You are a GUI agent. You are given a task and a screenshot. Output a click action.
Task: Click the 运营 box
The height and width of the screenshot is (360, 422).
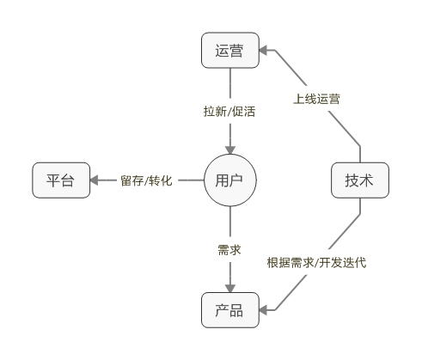(230, 51)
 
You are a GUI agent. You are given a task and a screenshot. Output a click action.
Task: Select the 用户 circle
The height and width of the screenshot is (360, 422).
(230, 180)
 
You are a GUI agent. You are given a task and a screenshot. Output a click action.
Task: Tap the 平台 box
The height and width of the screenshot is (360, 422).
(61, 180)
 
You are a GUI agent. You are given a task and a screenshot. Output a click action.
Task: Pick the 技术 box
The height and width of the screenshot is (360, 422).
(359, 180)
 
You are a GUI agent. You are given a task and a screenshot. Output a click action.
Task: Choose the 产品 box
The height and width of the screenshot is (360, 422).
(230, 310)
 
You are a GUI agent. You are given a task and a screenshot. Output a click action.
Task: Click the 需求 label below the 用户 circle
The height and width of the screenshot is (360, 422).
(229, 250)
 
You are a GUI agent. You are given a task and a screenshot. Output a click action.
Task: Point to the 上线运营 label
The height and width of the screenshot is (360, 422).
(316, 99)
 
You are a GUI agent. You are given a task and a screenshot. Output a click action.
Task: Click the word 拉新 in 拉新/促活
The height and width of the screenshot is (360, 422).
(216, 111)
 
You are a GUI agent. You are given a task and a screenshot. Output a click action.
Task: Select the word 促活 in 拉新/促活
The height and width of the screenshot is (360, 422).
(245, 111)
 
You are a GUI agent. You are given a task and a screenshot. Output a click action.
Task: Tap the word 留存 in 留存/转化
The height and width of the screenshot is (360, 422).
(133, 181)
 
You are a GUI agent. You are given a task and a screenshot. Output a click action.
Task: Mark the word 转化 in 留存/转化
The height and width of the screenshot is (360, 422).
(162, 181)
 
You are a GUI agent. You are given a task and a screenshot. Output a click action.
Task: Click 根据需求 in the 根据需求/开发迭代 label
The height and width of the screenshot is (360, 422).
(289, 262)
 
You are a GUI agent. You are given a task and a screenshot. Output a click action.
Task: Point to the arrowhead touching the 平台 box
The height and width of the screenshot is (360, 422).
(97, 180)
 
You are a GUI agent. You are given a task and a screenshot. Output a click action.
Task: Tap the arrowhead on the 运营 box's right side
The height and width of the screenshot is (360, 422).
(266, 52)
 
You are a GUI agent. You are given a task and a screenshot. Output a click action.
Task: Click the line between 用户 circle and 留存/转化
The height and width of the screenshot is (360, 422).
(191, 180)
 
